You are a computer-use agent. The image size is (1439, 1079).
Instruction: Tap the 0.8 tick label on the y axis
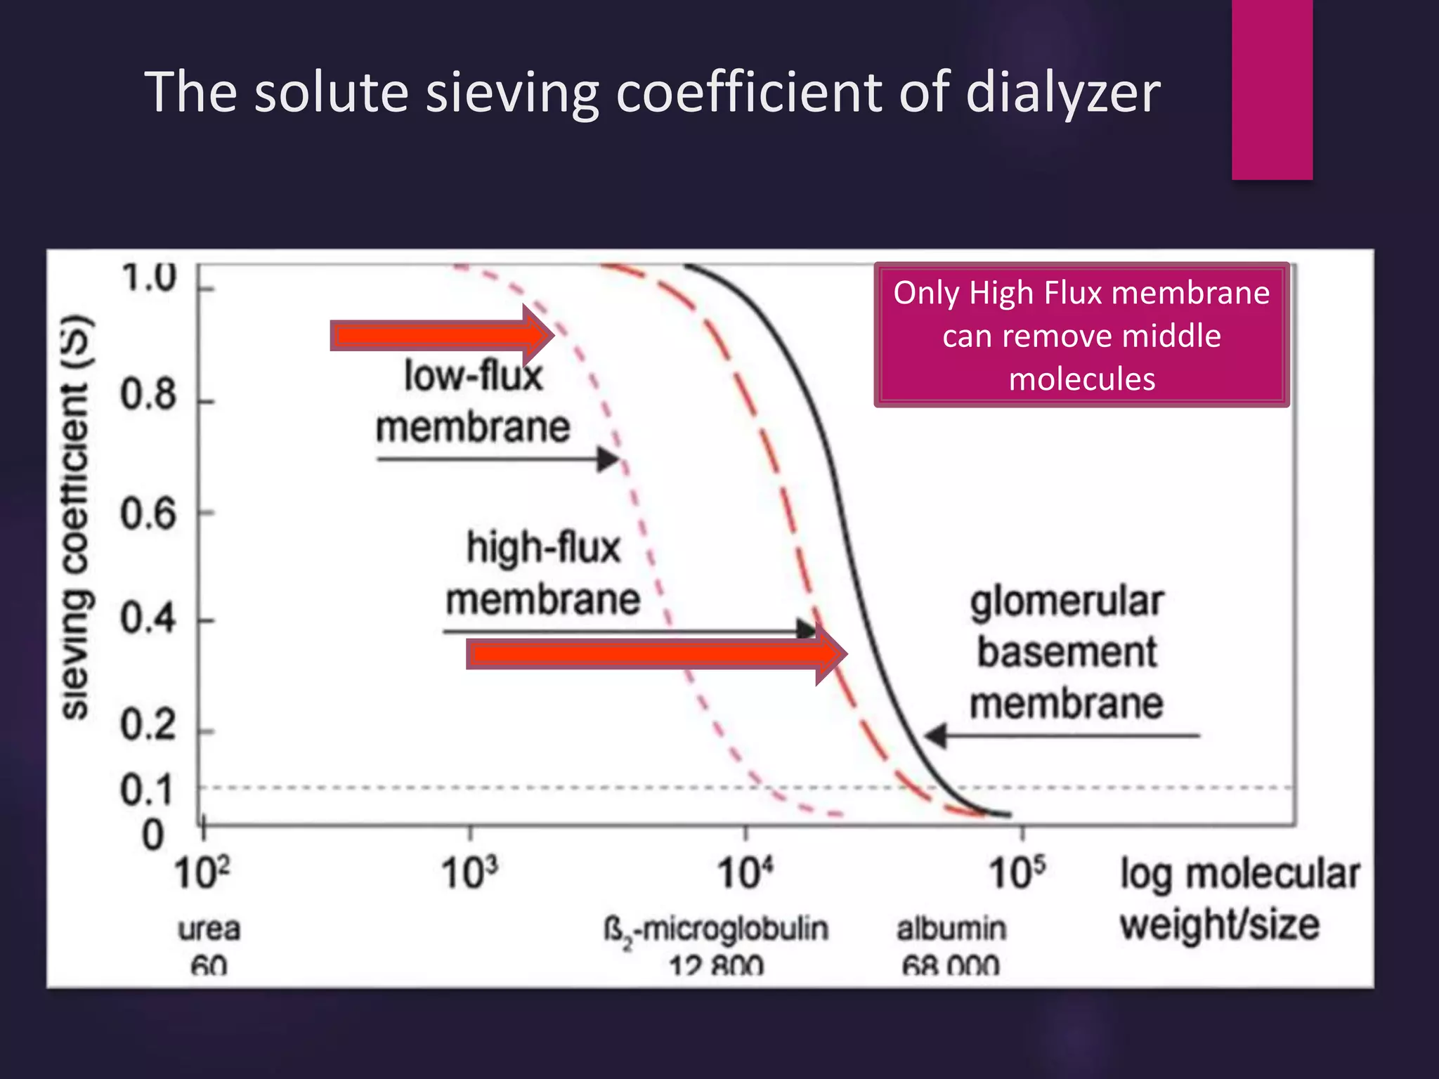pyautogui.click(x=148, y=395)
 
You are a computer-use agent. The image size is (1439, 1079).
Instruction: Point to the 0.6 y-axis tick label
pyautogui.click(x=148, y=514)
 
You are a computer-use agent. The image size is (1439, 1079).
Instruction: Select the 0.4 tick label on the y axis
pyautogui.click(x=148, y=620)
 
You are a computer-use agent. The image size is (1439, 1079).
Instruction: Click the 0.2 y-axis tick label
pyautogui.click(x=148, y=725)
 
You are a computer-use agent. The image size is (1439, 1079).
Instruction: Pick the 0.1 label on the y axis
pyautogui.click(x=146, y=790)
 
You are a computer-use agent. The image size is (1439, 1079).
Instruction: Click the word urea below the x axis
pyautogui.click(x=209, y=929)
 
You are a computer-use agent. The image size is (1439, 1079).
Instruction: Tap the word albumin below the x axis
pyautogui.click(x=951, y=929)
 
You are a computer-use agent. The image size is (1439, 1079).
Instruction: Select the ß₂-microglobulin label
pyautogui.click(x=716, y=931)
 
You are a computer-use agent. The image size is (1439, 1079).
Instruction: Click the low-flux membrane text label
pyautogui.click(x=473, y=402)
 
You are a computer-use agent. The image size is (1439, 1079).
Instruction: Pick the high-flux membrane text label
pyautogui.click(x=543, y=573)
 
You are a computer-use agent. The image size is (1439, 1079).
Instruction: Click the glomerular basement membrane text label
pyautogui.click(x=1067, y=653)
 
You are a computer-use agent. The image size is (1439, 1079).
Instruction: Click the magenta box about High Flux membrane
pyautogui.click(x=1081, y=335)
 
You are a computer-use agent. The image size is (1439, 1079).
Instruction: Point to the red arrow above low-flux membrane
pyautogui.click(x=441, y=335)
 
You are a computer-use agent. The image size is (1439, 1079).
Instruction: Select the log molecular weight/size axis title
pyautogui.click(x=1239, y=899)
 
